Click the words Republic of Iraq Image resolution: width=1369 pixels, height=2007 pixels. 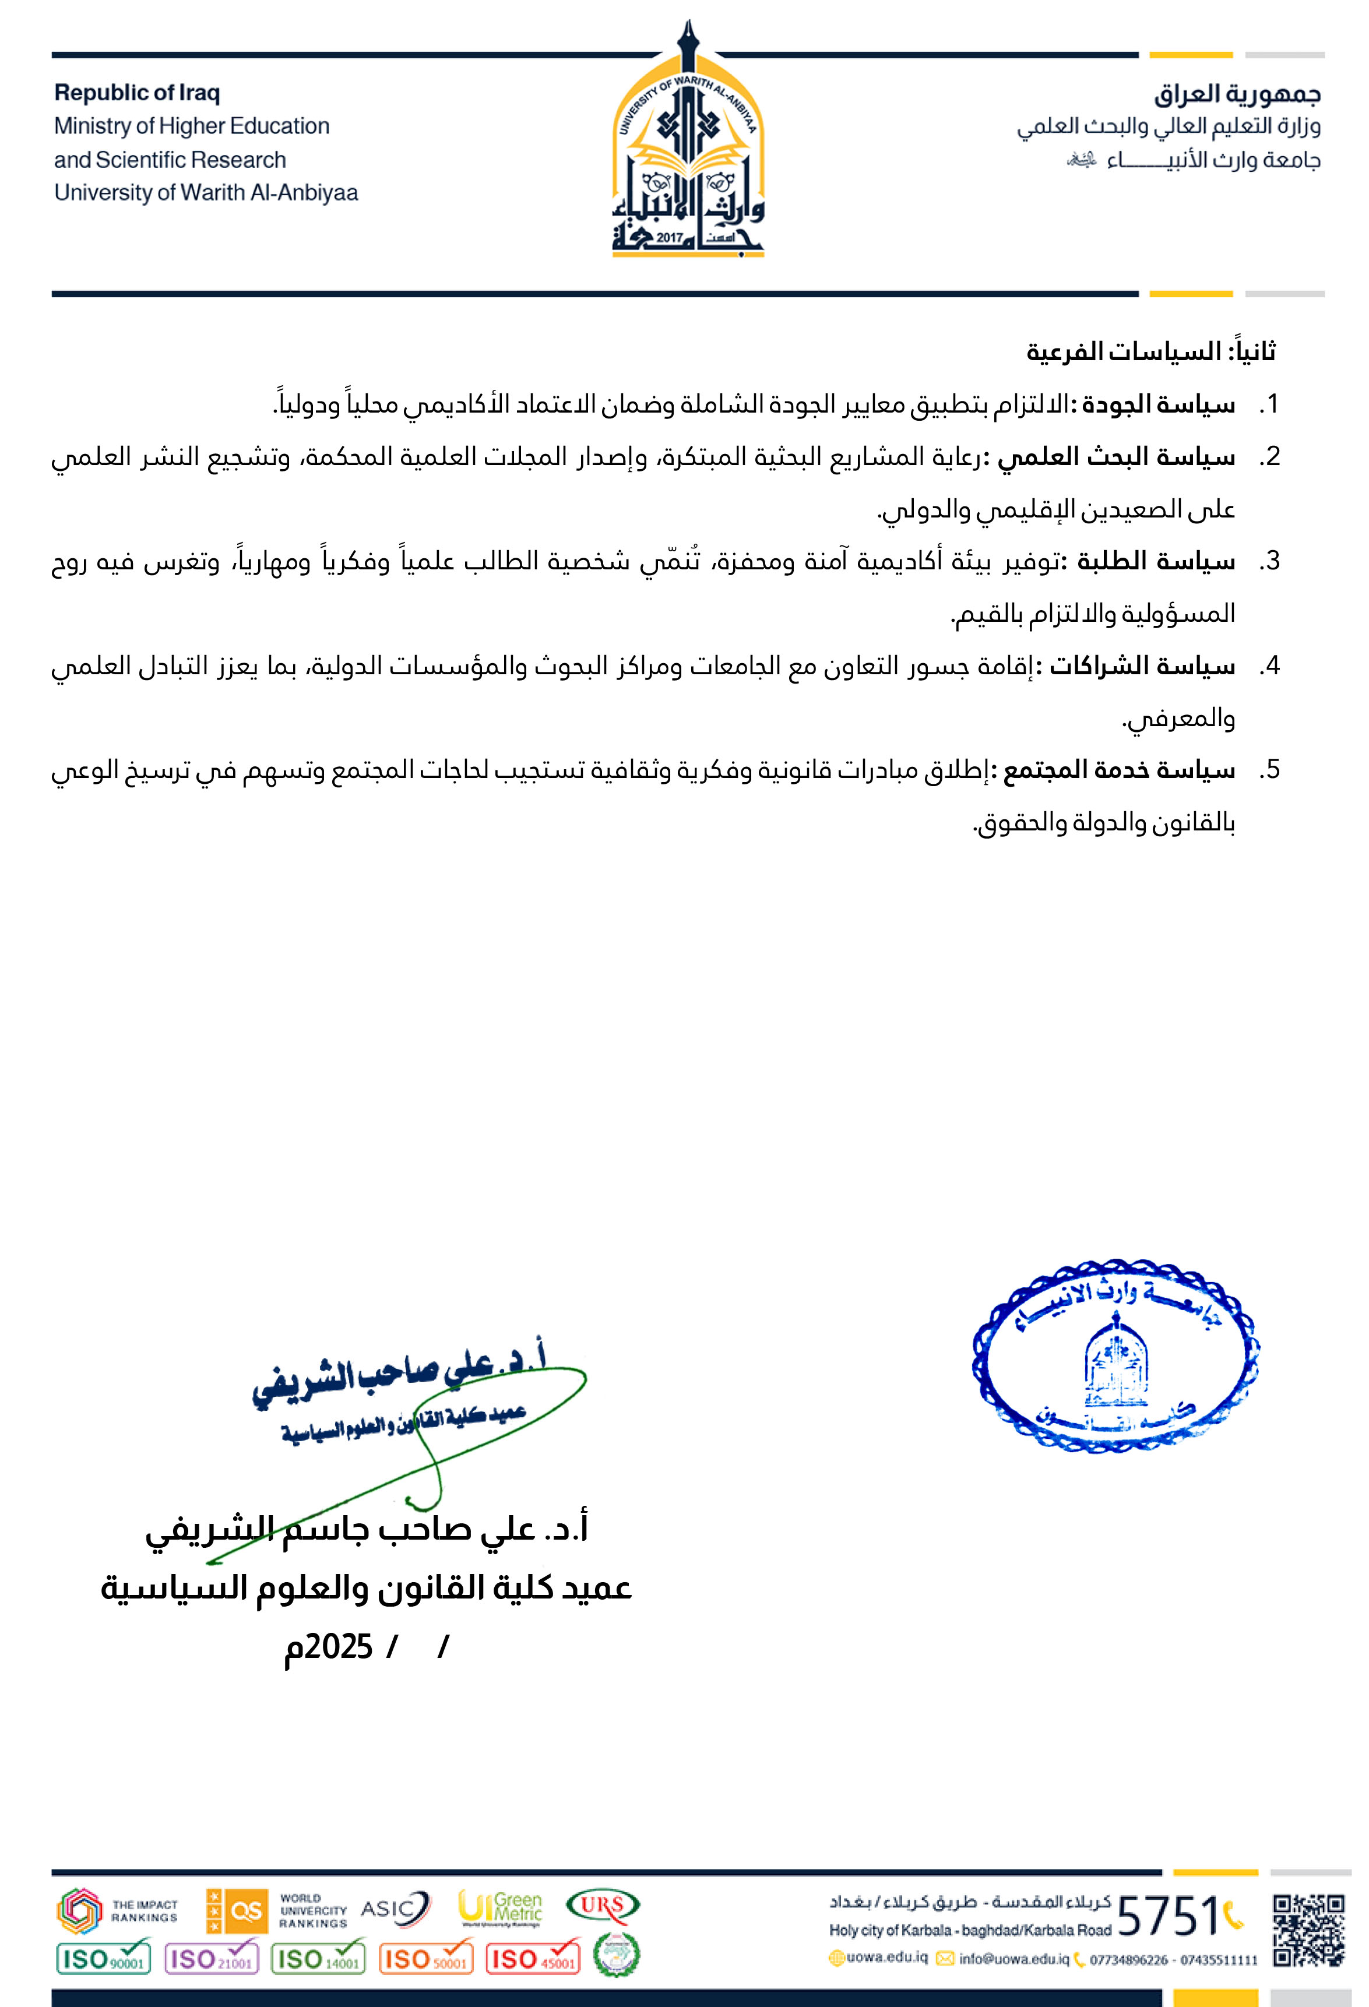[x=138, y=93]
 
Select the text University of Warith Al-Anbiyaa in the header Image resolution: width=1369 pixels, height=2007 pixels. [x=206, y=192]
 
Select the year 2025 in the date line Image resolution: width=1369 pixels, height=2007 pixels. [x=339, y=1647]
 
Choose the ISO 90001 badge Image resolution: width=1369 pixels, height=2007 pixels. [x=103, y=1959]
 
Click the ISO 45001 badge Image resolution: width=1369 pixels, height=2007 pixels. [x=533, y=1959]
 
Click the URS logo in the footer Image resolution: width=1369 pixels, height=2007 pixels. [x=602, y=1905]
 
